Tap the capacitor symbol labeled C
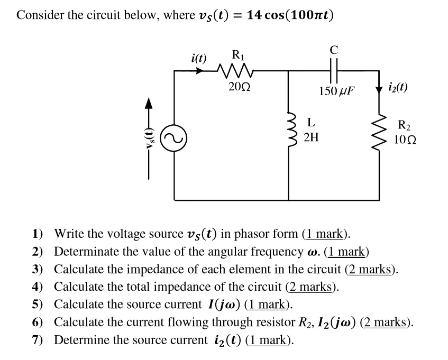[333, 69]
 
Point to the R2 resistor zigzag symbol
[379, 132]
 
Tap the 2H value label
[312, 138]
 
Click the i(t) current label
[198, 57]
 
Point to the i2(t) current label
[398, 88]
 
